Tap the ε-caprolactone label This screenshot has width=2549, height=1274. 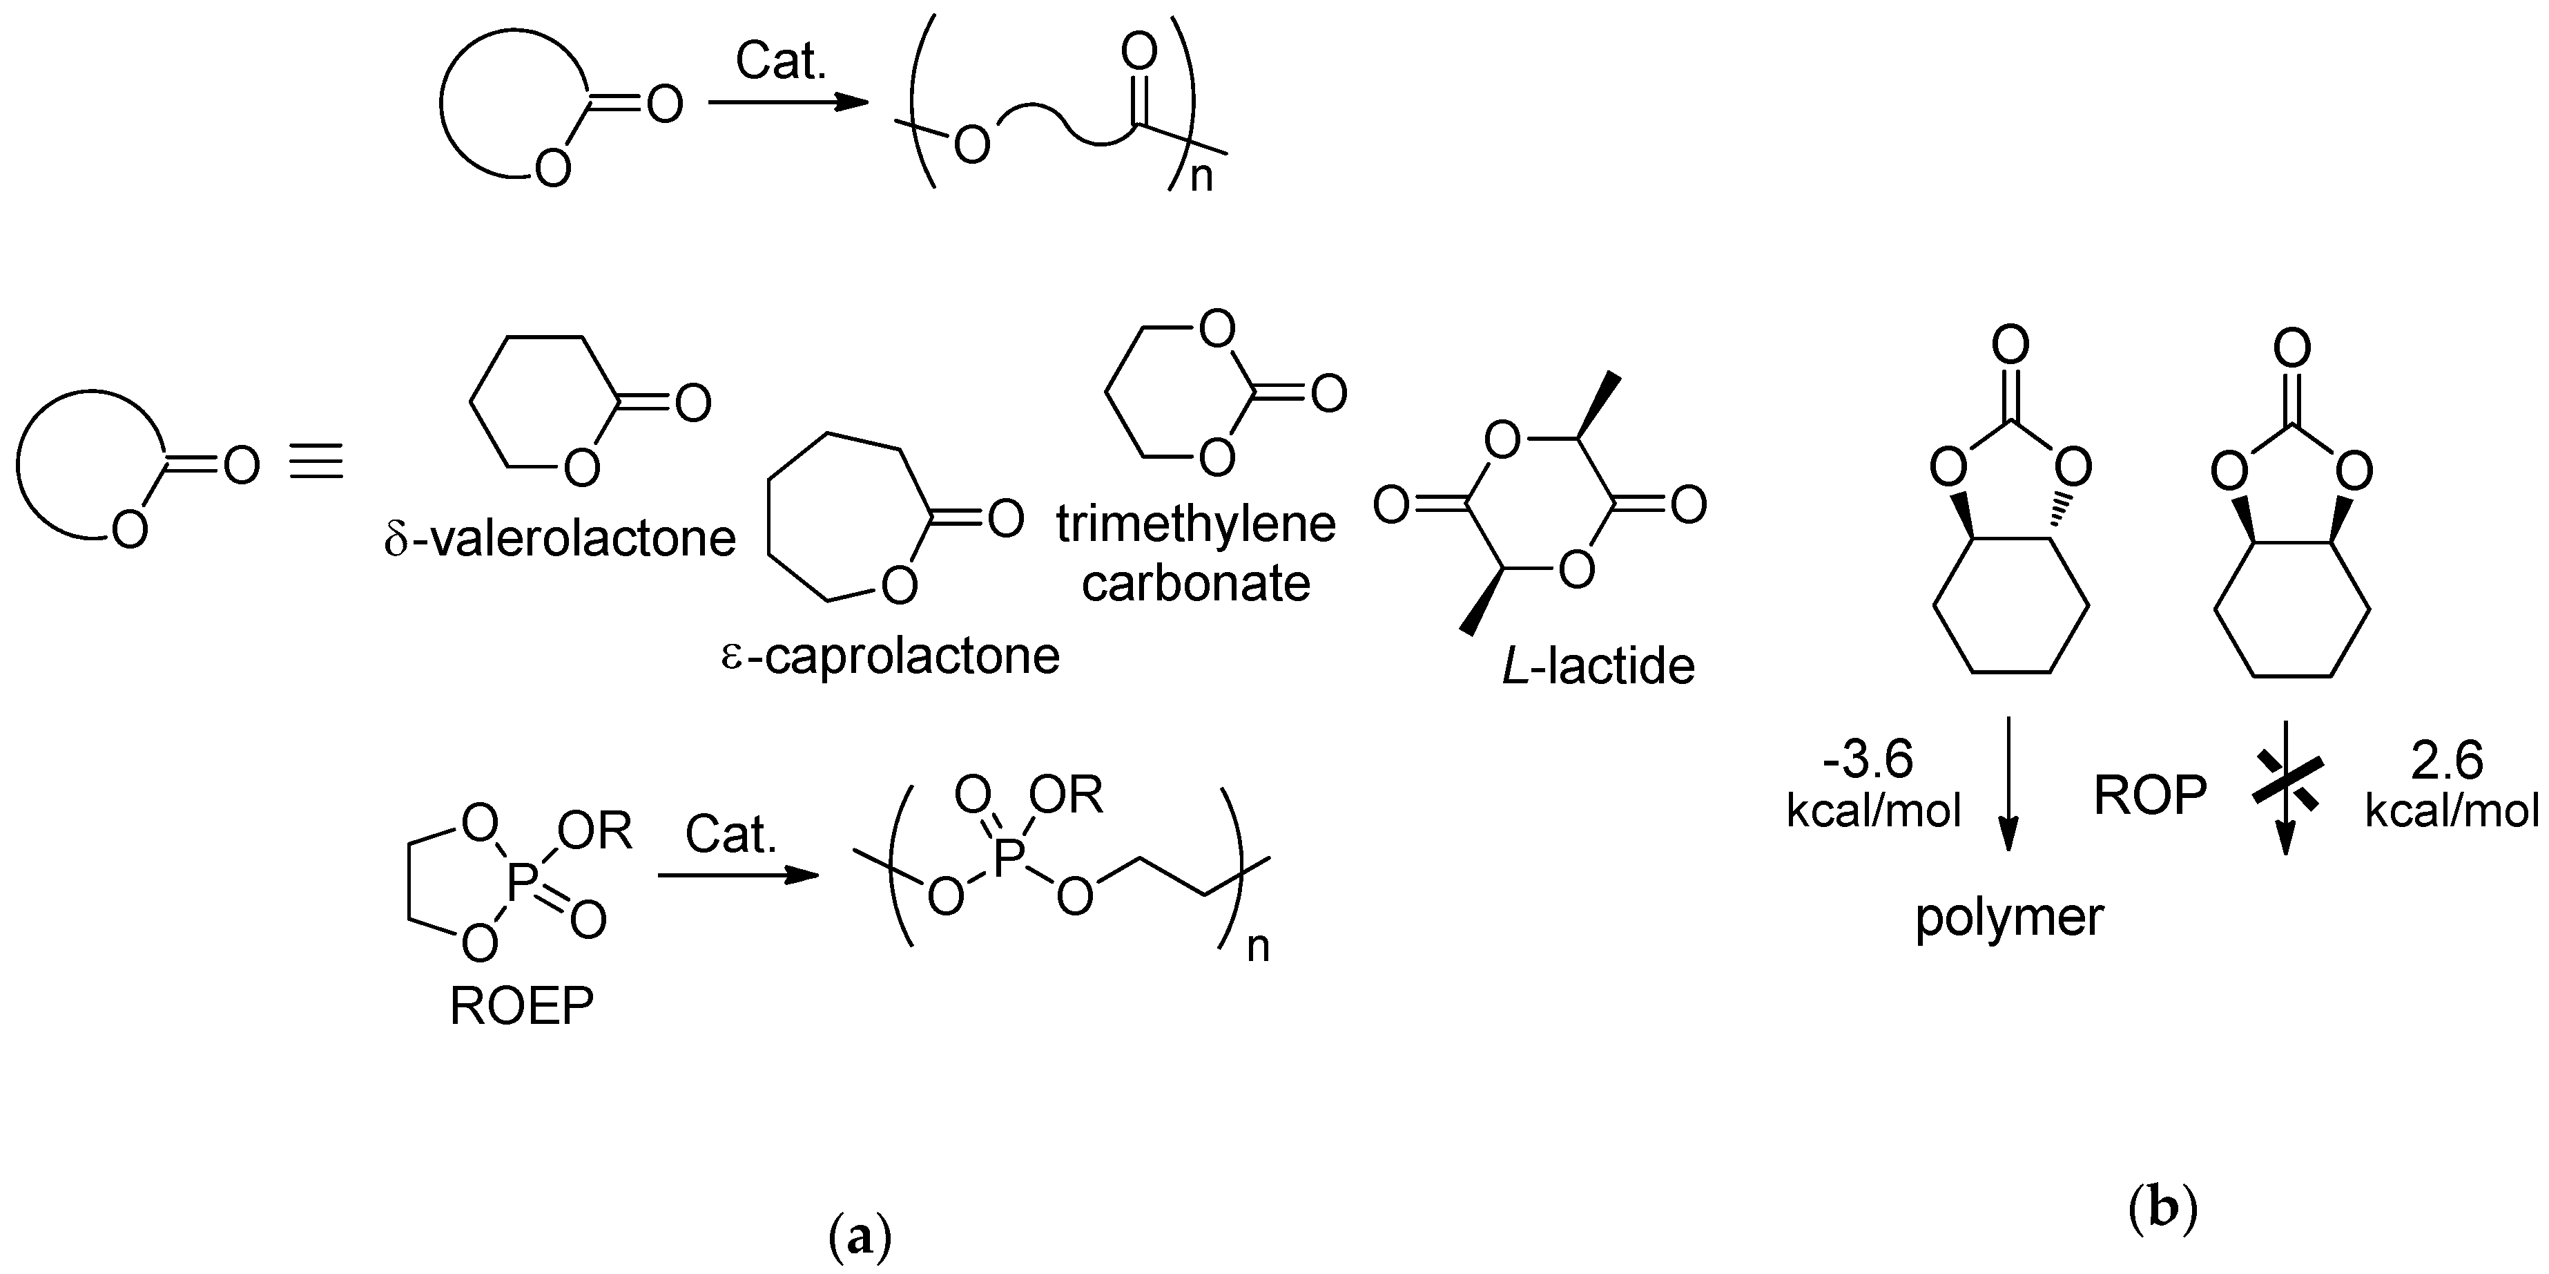click(x=891, y=656)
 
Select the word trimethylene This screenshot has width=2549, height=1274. click(x=1195, y=524)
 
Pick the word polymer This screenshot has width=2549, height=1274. click(x=2008, y=918)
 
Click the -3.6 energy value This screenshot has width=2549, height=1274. click(x=1868, y=760)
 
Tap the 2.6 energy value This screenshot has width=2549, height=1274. click(x=2447, y=760)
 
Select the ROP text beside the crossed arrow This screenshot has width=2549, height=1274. click(x=2150, y=795)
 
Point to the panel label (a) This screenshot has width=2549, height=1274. click(x=859, y=1238)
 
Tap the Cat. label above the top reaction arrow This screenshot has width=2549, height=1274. click(x=781, y=61)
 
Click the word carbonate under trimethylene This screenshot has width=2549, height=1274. click(x=1195, y=583)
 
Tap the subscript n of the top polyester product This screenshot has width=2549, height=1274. click(x=1201, y=178)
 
